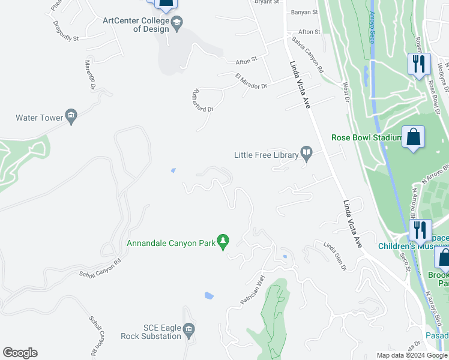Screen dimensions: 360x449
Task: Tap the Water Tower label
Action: click(x=40, y=118)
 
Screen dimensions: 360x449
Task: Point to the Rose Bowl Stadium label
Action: click(x=366, y=137)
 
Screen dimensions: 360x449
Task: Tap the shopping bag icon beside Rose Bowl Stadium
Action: click(x=414, y=137)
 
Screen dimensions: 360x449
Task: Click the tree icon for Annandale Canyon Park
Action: click(x=223, y=241)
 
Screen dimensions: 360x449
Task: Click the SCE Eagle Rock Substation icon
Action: click(x=188, y=329)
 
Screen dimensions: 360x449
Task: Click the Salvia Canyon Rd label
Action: click(x=308, y=54)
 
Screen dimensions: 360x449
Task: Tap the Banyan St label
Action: click(x=303, y=12)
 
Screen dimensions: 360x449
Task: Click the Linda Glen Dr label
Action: click(x=336, y=254)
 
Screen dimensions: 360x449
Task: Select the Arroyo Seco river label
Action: click(x=373, y=22)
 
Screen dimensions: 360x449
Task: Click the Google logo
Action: click(x=20, y=353)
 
